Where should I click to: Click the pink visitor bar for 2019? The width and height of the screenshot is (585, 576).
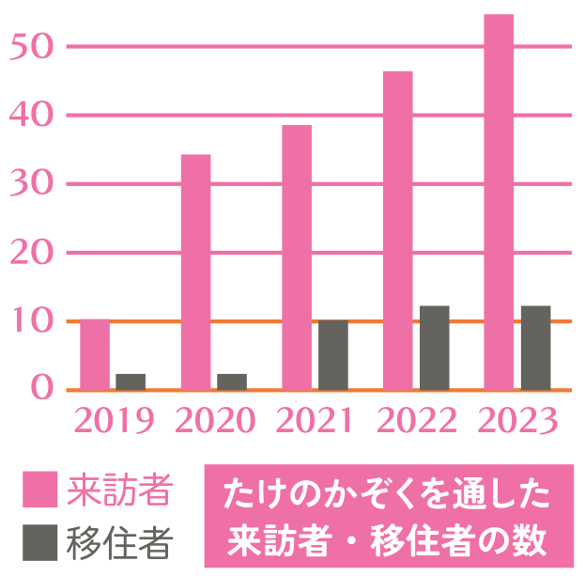tap(94, 354)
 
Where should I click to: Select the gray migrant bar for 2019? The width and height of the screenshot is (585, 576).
tap(131, 381)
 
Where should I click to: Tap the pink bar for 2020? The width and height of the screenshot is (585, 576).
tap(195, 272)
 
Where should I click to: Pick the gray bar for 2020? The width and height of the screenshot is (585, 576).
tap(232, 381)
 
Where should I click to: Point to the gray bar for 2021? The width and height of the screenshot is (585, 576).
tap(333, 354)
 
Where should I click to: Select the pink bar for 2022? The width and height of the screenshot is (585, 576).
tap(397, 230)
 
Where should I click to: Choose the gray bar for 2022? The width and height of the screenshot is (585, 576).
tap(434, 348)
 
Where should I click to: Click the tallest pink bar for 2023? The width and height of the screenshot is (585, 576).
tap(499, 202)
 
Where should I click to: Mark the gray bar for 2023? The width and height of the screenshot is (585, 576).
tap(535, 348)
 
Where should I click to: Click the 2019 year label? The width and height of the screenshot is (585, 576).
tap(112, 421)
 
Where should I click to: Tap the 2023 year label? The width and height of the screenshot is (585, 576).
tap(517, 421)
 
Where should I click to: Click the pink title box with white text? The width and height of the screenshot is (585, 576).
tap(388, 516)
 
